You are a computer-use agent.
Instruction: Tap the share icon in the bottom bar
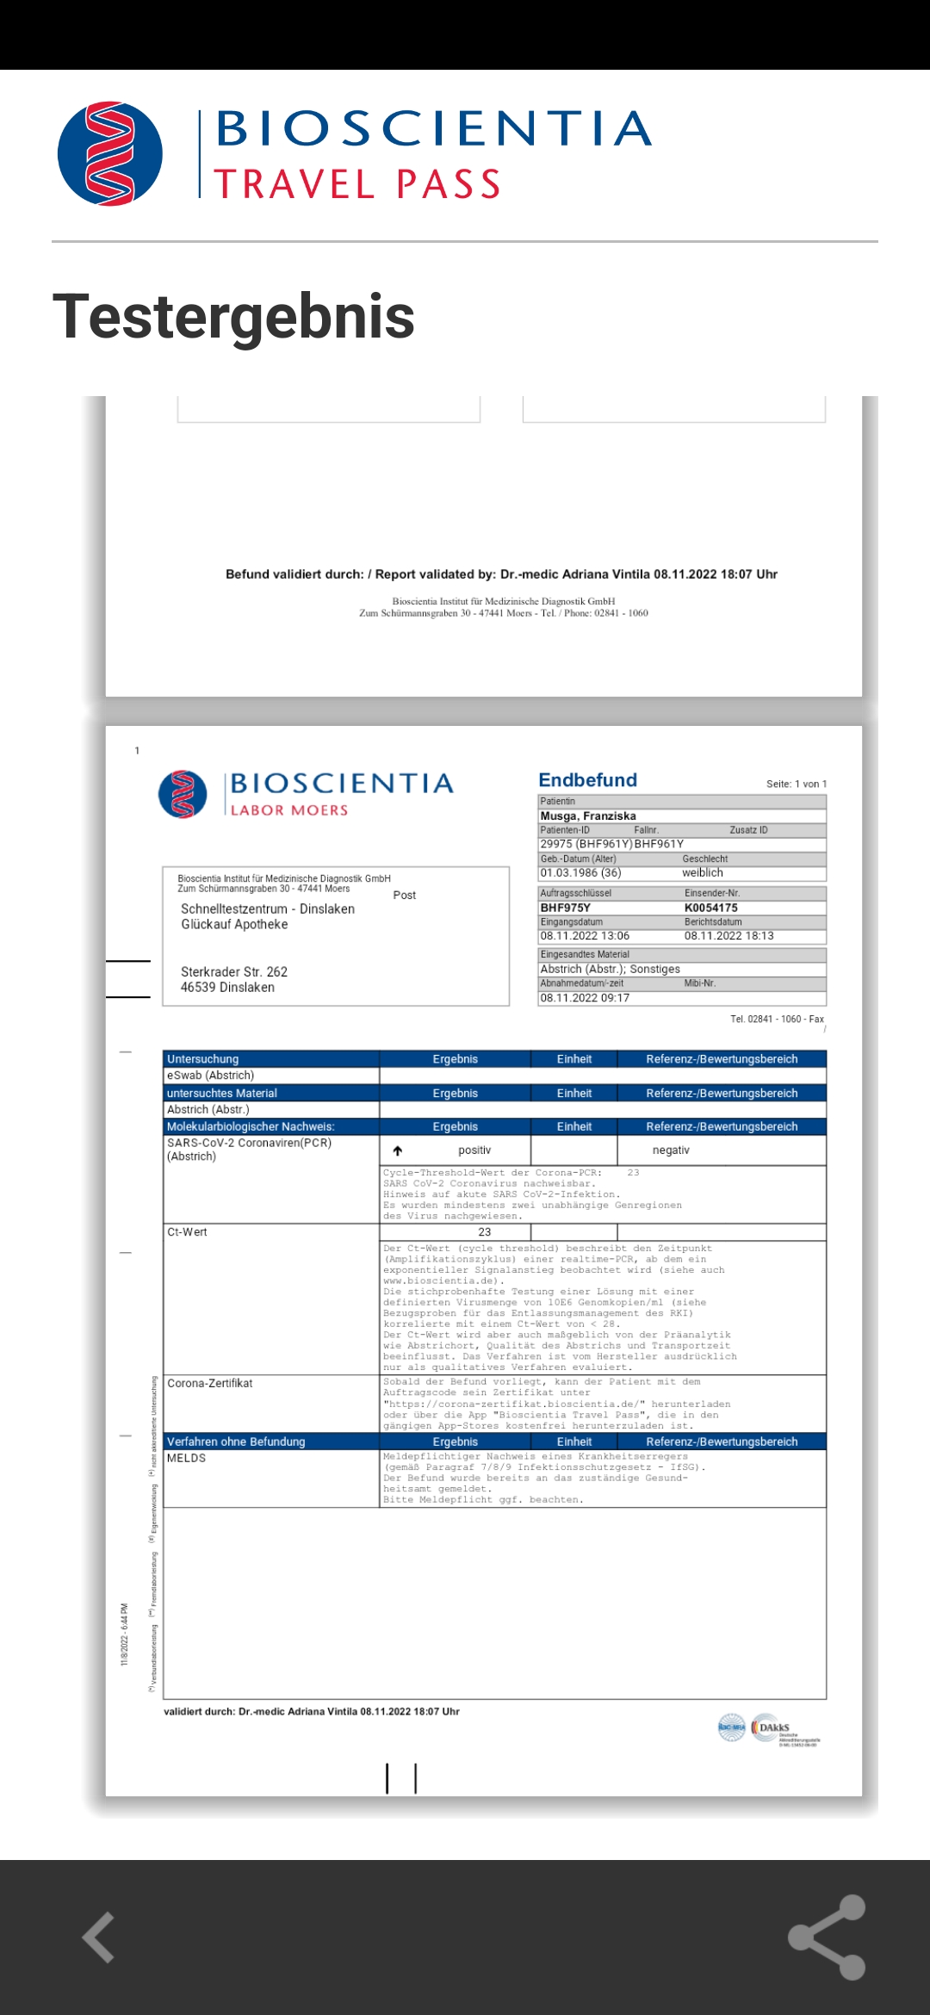click(x=828, y=1937)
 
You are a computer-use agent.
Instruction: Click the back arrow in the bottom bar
click(x=99, y=1937)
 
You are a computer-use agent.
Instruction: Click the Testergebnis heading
click(x=233, y=316)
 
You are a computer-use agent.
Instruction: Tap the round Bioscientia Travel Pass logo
click(x=110, y=154)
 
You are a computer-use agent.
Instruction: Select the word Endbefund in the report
click(x=587, y=780)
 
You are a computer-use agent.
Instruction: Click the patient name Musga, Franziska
click(x=588, y=815)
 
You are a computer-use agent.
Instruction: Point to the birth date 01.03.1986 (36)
click(x=580, y=872)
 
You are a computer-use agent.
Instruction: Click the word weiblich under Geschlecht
click(x=703, y=872)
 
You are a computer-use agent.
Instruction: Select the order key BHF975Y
click(x=565, y=908)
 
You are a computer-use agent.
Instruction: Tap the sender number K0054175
click(x=711, y=908)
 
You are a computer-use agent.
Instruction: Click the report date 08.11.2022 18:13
click(x=728, y=936)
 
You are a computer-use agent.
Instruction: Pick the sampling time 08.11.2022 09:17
click(x=585, y=998)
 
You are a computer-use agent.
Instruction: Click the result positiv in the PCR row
click(x=474, y=1150)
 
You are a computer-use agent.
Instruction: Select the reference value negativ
click(x=671, y=1150)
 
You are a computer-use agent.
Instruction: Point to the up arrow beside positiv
click(x=398, y=1150)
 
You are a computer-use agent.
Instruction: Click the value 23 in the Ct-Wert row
click(x=485, y=1232)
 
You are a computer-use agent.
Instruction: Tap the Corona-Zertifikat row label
click(x=210, y=1383)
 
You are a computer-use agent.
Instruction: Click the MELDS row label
click(x=187, y=1458)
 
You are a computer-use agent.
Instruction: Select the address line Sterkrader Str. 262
click(x=234, y=971)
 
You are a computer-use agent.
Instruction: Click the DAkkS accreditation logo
click(x=774, y=1727)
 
